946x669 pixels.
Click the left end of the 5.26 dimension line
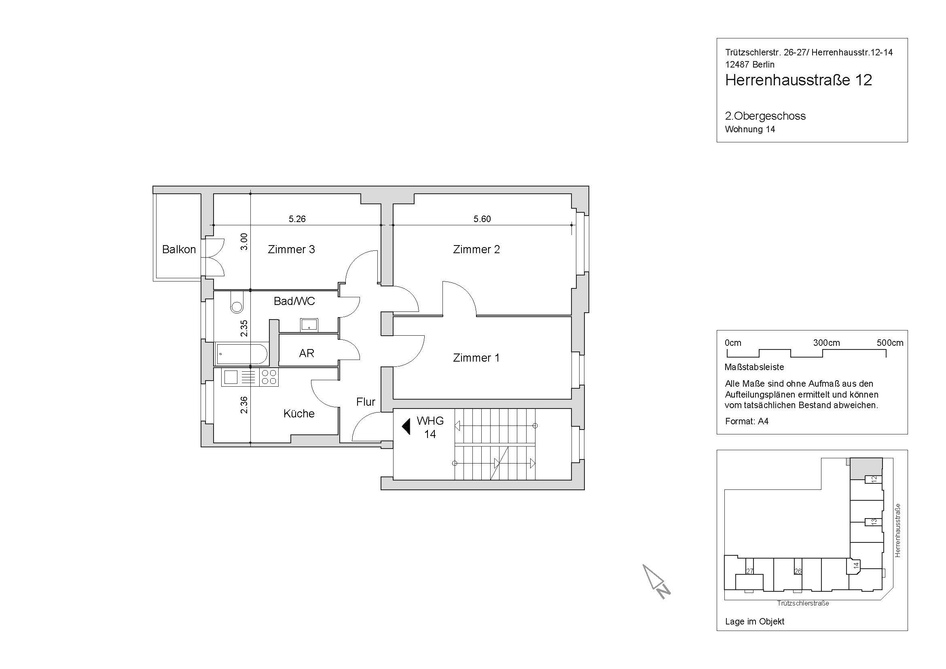click(x=213, y=225)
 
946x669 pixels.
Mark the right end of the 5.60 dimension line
click(x=571, y=225)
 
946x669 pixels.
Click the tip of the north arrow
click(x=643, y=565)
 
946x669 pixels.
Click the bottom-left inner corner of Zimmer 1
click(x=394, y=398)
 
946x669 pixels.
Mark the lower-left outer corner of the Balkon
click(x=153, y=281)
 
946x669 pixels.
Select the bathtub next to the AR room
click(x=241, y=354)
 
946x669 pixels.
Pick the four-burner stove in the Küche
click(x=269, y=377)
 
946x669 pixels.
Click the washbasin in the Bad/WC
click(x=309, y=325)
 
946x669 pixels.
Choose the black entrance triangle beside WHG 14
click(x=406, y=426)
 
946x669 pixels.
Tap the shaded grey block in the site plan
click(x=866, y=468)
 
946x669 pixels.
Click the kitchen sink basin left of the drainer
click(x=230, y=377)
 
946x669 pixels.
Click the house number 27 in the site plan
click(x=749, y=572)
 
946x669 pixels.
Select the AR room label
click(x=307, y=353)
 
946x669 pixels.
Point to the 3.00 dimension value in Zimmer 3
click(x=244, y=242)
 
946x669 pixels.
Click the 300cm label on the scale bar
click(x=827, y=343)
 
